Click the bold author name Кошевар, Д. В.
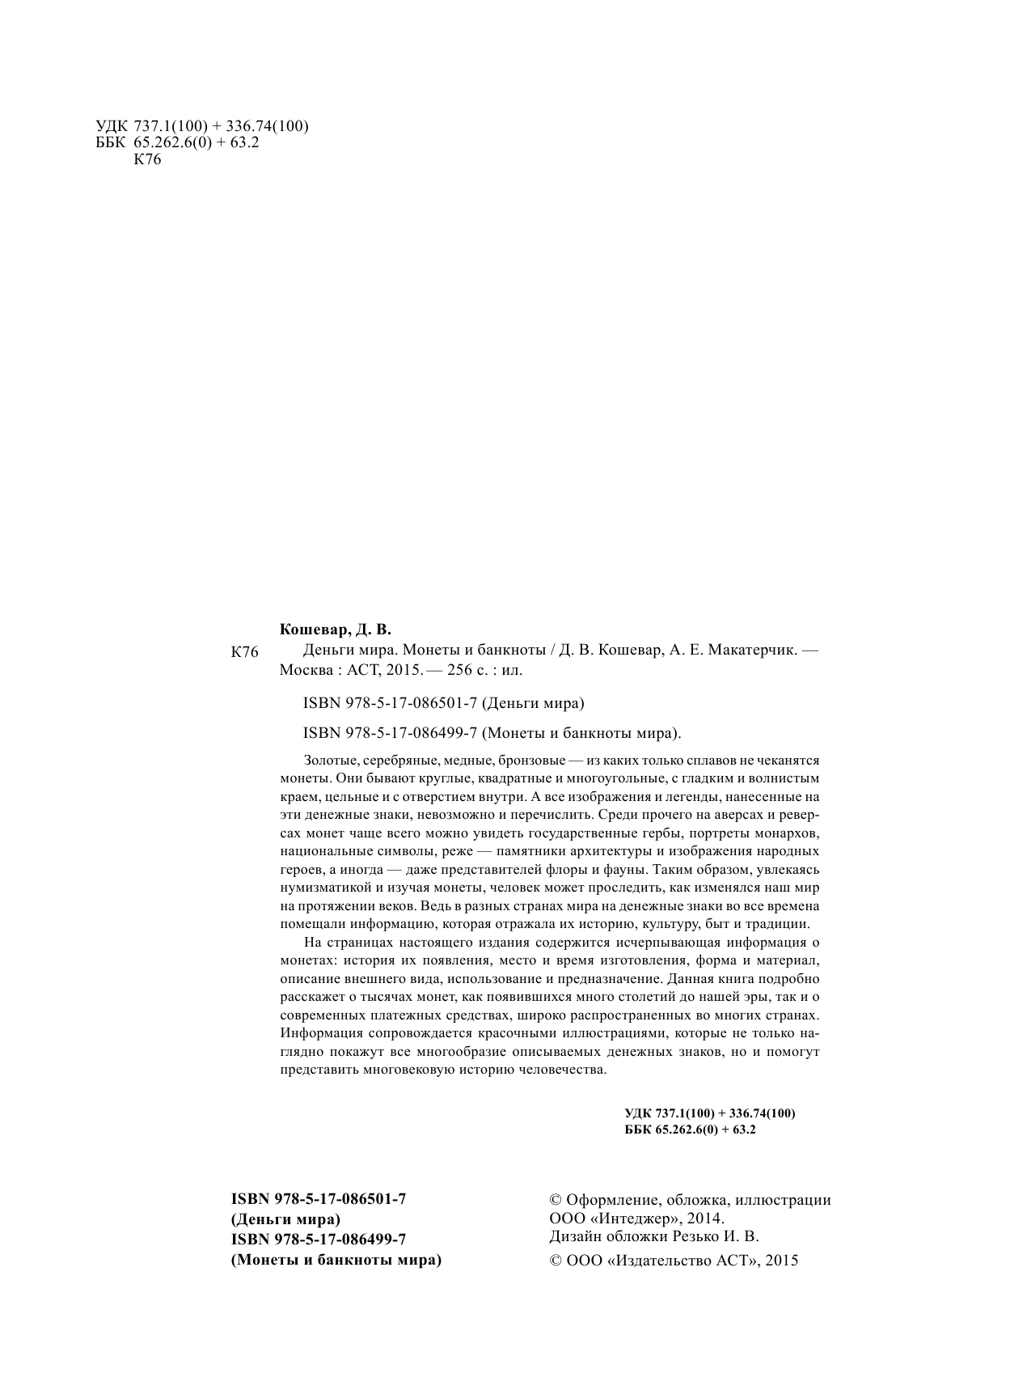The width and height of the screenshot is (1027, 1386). (334, 629)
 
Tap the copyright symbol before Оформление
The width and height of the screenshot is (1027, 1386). (556, 1201)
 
